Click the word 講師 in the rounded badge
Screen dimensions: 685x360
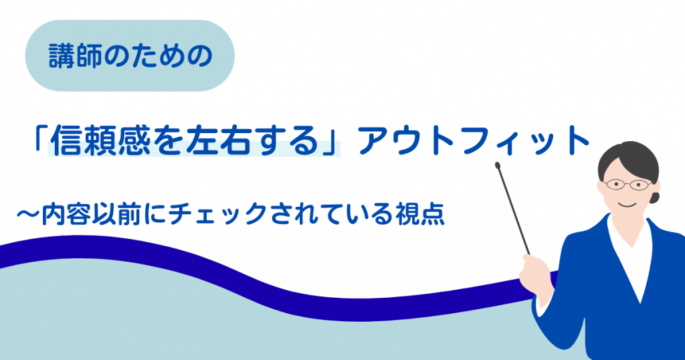tap(75, 56)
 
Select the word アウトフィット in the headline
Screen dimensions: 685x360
tap(474, 141)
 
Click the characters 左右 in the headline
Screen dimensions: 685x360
tap(213, 141)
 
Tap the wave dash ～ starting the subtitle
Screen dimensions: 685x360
tap(27, 213)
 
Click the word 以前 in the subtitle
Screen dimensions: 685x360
tap(116, 213)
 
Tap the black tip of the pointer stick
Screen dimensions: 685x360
tap(497, 165)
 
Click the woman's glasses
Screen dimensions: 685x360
tap(627, 185)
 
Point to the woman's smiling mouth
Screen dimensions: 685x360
tap(627, 205)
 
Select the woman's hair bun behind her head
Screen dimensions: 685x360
tap(654, 197)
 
